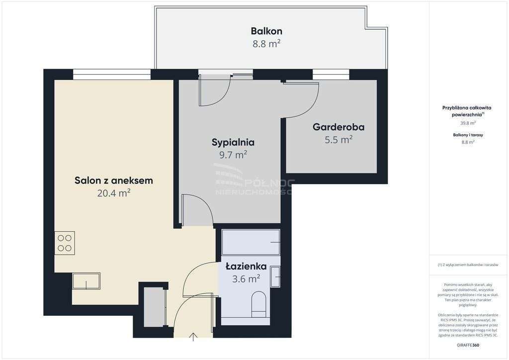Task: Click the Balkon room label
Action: click(x=266, y=31)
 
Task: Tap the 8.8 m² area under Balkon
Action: click(x=266, y=44)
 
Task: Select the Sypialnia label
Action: click(x=233, y=142)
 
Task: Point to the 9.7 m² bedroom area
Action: click(x=233, y=155)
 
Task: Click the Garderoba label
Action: click(x=339, y=127)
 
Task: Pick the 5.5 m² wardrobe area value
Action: click(x=339, y=140)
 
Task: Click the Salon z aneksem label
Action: click(x=114, y=180)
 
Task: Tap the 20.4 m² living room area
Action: click(x=114, y=193)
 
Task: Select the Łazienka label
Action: click(x=246, y=266)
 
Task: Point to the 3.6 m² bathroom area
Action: click(x=246, y=279)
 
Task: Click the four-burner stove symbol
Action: click(x=65, y=243)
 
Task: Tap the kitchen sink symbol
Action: click(x=86, y=281)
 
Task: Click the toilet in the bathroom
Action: click(x=258, y=304)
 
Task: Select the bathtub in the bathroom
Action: click(x=251, y=242)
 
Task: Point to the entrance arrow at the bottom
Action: click(x=193, y=337)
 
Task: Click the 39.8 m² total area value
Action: click(x=467, y=123)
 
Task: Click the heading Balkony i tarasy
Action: click(x=468, y=135)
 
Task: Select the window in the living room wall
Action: click(x=112, y=75)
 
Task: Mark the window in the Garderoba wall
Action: click(x=331, y=75)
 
